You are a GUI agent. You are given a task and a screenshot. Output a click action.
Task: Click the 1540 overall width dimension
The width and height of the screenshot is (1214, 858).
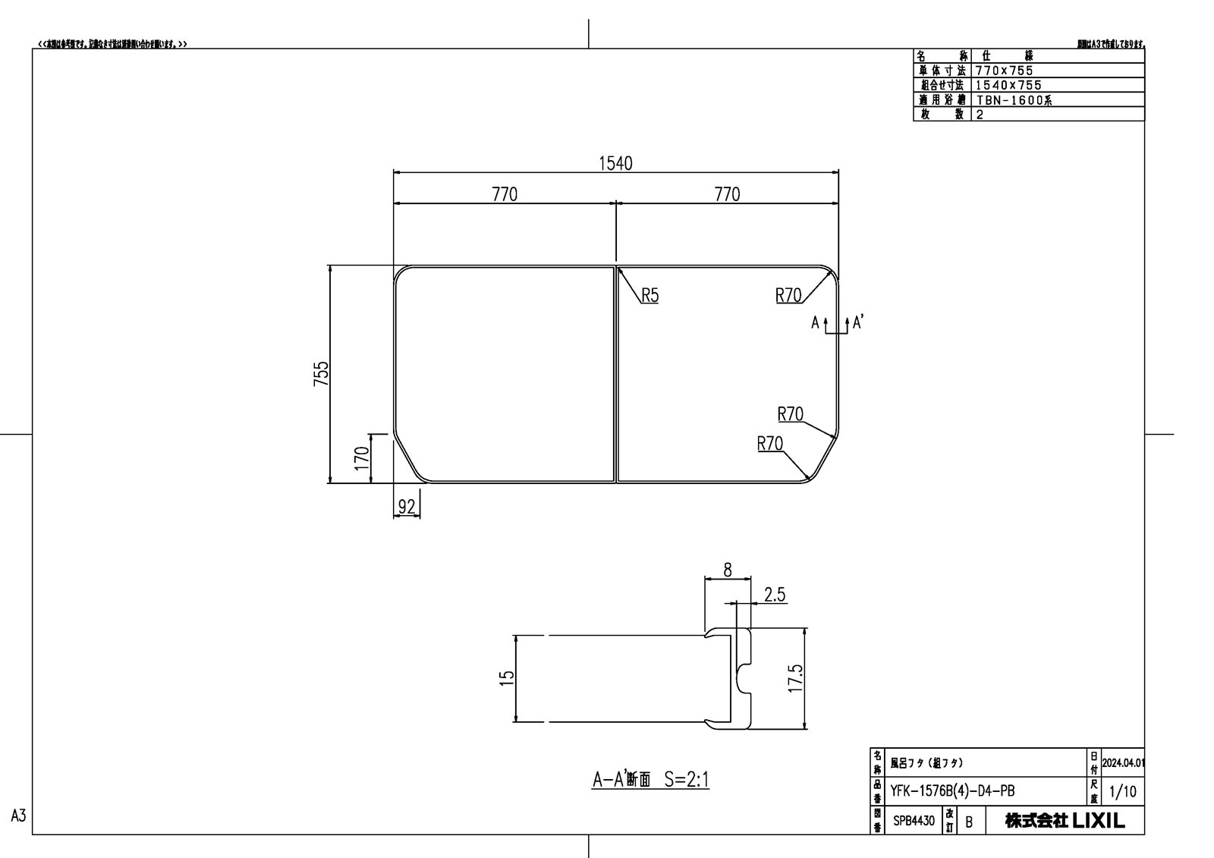coord(615,163)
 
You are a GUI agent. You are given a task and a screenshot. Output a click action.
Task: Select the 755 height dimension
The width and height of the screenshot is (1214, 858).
coord(322,374)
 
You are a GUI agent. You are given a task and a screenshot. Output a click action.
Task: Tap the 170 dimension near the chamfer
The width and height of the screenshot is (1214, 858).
coord(362,457)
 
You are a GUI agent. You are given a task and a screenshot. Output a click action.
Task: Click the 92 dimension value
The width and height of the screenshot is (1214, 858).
coord(407,507)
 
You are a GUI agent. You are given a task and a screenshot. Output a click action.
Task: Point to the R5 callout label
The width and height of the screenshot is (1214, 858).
coord(649,296)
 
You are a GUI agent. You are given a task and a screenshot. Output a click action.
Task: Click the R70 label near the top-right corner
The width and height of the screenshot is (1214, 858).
coord(788,296)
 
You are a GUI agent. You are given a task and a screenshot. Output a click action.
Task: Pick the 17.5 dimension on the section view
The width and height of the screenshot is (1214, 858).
coord(794,678)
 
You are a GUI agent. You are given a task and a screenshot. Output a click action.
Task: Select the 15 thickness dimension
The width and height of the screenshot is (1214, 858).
coord(508,675)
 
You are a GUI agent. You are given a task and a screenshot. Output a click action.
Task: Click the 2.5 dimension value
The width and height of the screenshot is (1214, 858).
coord(775,595)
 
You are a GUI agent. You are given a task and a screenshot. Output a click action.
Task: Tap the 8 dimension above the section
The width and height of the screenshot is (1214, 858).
coord(728,570)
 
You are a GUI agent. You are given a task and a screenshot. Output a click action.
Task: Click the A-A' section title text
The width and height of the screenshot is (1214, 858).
coord(650,779)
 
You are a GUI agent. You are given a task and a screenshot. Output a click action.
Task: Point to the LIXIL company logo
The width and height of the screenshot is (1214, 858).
coord(1098,820)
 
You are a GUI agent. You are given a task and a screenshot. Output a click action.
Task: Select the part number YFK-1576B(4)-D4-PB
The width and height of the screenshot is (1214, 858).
coord(952,791)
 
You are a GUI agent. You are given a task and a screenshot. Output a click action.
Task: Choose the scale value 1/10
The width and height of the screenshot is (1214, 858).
coord(1123,792)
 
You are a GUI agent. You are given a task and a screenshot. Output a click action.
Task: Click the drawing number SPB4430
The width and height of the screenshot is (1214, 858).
coord(914,821)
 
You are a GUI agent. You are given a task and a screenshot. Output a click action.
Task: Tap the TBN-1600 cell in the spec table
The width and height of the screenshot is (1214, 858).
coord(1013,100)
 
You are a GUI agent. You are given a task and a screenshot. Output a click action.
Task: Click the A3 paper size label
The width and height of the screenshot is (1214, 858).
coord(19,816)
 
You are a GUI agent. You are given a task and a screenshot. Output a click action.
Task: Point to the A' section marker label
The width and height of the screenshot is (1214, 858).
coord(858,322)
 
